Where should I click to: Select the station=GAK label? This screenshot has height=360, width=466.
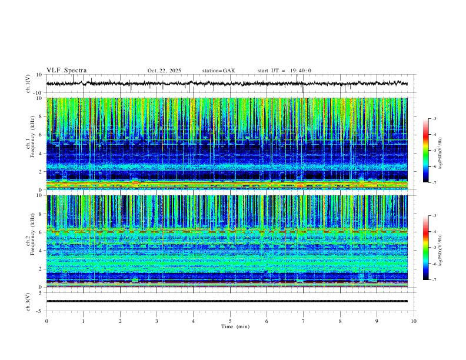click(219, 71)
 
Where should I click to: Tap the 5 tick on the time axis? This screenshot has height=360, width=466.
click(230, 321)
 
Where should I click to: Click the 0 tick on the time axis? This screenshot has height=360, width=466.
click(46, 321)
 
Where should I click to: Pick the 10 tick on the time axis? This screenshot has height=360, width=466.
click(414, 321)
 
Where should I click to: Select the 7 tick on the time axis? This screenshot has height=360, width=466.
click(304, 321)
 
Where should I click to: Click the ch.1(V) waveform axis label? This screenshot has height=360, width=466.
click(28, 84)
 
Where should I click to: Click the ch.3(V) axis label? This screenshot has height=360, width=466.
click(28, 301)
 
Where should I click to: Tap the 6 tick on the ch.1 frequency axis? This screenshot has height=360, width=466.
click(41, 135)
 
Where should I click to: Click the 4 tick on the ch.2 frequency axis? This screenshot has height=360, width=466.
click(41, 251)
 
